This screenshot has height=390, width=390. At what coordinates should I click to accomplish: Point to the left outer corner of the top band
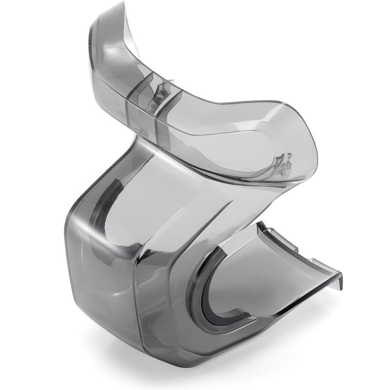click(x=93, y=54)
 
